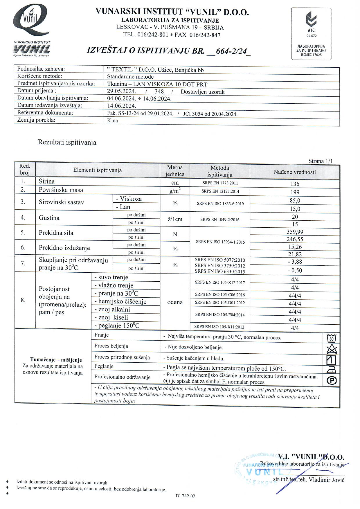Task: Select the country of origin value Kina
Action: [x=113, y=120]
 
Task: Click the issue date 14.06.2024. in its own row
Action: [x=122, y=106]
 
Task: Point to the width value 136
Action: [x=295, y=184]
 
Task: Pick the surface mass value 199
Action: [x=295, y=192]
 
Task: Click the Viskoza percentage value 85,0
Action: [x=295, y=201]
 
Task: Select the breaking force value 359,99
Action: [x=295, y=232]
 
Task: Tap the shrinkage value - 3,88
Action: [x=295, y=262]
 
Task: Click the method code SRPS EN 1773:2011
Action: [x=220, y=183]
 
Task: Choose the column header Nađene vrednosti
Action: [x=295, y=172]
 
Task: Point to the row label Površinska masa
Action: [x=61, y=190]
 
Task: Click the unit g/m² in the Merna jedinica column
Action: [x=175, y=191]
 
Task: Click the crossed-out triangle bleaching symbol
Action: [x=332, y=349]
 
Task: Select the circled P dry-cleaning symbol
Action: [x=332, y=381]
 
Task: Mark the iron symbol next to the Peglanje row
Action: [x=332, y=369]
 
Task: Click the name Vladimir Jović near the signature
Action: [x=327, y=480]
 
